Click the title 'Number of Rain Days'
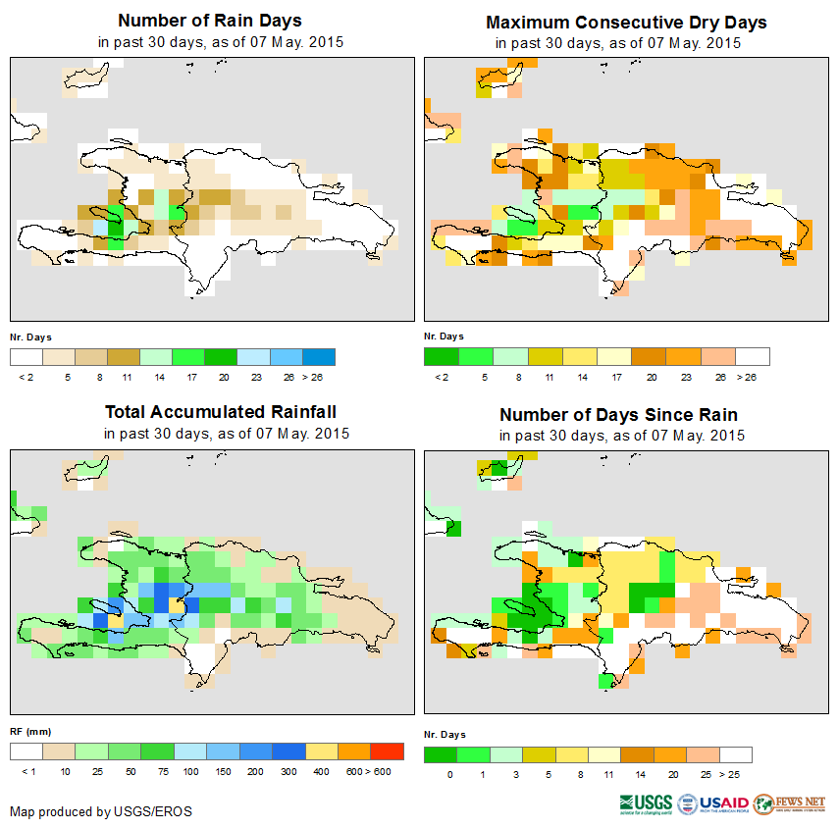coord(210,21)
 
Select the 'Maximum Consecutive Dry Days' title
coord(626,22)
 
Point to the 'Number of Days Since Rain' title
coord(618,414)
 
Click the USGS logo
coord(646,803)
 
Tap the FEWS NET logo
coord(790,803)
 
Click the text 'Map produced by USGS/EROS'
coord(101,811)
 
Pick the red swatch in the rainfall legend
coord(388,751)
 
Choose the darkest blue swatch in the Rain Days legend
coord(319,356)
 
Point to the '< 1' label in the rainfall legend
coord(27,772)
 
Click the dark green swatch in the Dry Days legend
coord(441,356)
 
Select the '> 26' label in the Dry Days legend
coord(752,377)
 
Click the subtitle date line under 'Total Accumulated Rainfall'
coord(226,434)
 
